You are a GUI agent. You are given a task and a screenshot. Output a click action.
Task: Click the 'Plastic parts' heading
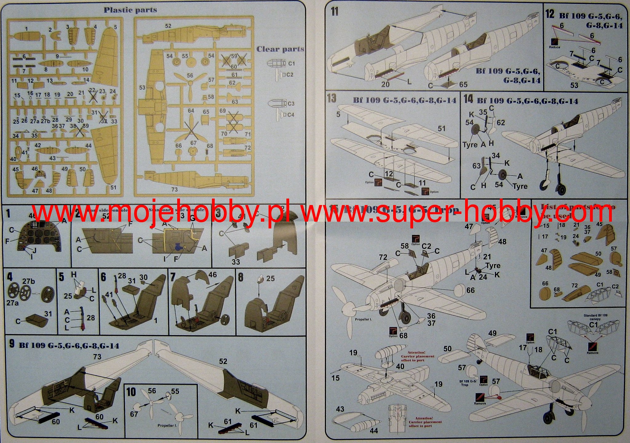[130, 10]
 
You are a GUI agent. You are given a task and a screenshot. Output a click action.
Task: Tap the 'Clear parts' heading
[280, 49]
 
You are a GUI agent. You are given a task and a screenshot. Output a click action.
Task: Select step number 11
[335, 12]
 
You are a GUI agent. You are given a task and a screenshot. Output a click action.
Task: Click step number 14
[468, 99]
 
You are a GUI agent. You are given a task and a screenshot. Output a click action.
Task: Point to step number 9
[12, 344]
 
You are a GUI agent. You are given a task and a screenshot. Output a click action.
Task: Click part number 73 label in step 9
[97, 357]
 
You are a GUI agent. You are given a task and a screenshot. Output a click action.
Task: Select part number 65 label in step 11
[463, 84]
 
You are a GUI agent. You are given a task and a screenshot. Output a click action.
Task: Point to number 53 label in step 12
[574, 85]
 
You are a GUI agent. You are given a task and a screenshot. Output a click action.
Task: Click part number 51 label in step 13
[441, 128]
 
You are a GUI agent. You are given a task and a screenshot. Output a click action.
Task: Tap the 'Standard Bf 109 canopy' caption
[595, 317]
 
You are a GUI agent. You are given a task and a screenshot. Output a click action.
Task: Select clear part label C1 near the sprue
[291, 63]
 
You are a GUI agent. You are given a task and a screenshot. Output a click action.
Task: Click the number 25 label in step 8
[270, 278]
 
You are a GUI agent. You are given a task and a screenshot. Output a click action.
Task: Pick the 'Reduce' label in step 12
[554, 47]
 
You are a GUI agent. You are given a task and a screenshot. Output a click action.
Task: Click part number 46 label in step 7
[212, 275]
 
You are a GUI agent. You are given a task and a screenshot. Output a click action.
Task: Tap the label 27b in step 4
[29, 281]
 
